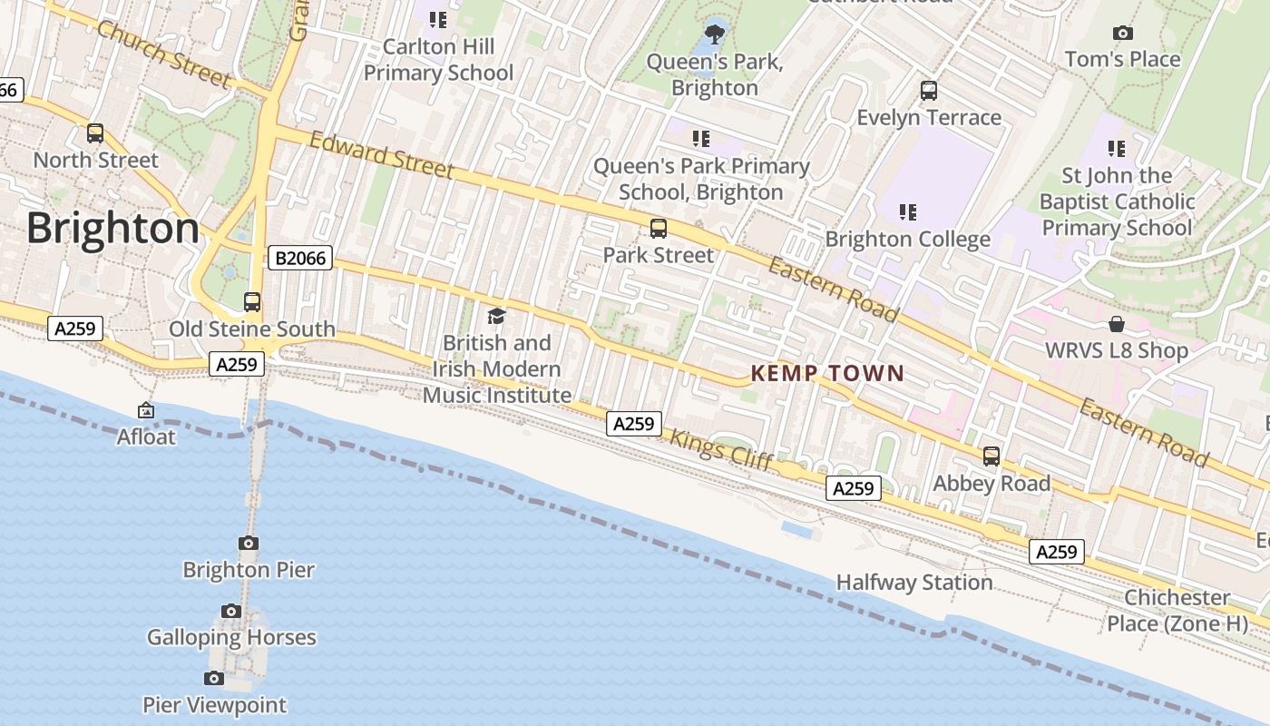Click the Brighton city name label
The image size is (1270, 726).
[112, 229]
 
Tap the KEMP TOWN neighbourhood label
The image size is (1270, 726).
[827, 373]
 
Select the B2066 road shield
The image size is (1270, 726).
[300, 259]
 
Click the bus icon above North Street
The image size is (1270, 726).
[95, 133]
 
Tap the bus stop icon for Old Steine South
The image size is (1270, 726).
[252, 302]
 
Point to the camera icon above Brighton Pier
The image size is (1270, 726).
[249, 544]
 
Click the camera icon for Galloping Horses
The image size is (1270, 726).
[231, 611]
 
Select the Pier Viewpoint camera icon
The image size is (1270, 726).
[214, 678]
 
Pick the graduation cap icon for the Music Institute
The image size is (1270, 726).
[496, 316]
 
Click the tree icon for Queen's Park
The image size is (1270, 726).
[715, 34]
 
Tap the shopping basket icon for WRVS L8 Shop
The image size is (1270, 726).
[1117, 324]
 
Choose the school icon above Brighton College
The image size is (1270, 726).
[907, 212]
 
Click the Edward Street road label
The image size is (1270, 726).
[381, 155]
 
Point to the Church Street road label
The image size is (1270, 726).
[163, 55]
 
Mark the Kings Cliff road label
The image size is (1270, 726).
[722, 450]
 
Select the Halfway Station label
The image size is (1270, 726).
[913, 583]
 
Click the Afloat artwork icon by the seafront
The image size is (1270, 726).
[145, 411]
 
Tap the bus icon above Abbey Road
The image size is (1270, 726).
[992, 456]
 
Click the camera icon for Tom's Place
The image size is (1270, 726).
[1122, 34]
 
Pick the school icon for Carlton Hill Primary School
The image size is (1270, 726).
[438, 19]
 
